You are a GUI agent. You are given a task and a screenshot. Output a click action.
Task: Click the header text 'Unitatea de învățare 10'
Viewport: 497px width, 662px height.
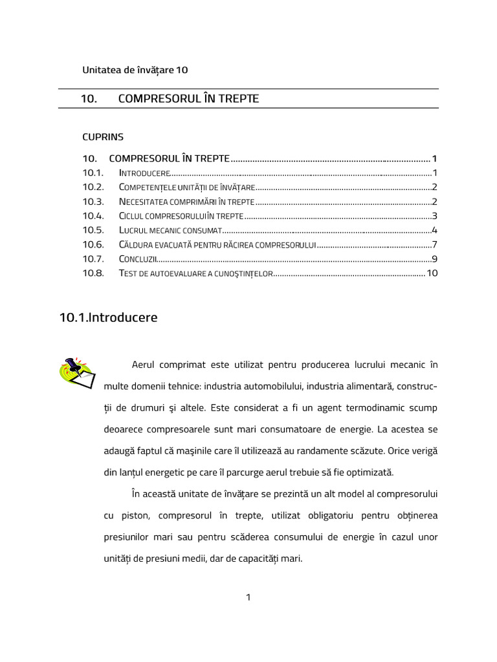135,70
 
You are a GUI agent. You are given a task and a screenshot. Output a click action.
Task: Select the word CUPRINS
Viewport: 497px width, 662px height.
102,137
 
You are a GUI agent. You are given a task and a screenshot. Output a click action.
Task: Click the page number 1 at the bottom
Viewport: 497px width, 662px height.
248,597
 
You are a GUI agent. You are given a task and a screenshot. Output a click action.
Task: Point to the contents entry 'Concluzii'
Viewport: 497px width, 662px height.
138,259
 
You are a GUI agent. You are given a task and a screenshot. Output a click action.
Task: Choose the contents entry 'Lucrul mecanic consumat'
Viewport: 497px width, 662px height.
170,231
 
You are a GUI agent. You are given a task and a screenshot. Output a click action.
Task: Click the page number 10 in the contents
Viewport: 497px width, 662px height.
432,273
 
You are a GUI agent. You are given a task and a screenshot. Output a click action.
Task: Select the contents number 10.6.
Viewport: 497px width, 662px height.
93,245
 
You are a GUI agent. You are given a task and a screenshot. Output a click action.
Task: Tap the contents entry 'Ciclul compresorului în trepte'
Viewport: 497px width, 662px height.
181,217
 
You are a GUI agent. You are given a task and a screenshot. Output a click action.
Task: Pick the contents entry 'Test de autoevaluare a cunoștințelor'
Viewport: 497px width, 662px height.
196,273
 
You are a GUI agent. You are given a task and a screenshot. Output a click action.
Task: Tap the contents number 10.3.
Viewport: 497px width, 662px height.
93,202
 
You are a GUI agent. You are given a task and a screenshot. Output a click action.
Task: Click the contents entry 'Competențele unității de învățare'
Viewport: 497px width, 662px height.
187,188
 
